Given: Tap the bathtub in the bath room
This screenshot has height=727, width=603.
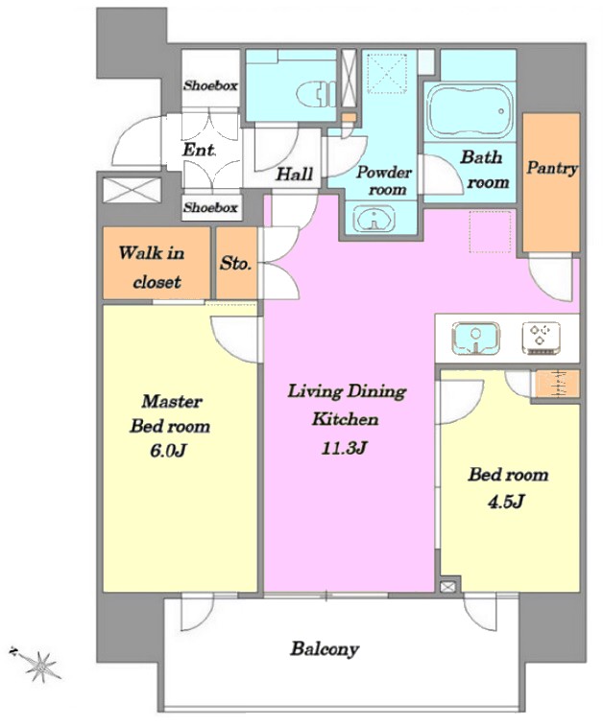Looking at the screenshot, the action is [470, 112].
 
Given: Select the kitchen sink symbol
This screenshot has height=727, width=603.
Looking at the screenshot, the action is [475, 338].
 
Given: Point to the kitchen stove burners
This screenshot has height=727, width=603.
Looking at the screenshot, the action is [541, 339].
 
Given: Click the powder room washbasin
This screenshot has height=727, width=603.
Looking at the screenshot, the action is [374, 218].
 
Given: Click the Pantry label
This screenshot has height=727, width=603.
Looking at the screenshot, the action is [552, 168].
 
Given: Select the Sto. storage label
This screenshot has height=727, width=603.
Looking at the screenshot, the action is [236, 264].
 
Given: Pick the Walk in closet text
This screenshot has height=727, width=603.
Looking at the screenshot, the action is [153, 267].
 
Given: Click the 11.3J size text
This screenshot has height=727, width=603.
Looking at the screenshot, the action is [344, 447].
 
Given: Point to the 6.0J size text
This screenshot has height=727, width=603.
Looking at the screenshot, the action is [168, 450].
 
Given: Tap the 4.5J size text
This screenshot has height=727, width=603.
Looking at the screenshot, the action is [506, 502].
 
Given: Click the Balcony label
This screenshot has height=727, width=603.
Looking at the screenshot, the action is [325, 648].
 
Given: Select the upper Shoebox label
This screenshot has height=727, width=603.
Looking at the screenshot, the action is [210, 85].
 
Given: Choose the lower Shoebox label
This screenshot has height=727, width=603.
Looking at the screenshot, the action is [210, 207].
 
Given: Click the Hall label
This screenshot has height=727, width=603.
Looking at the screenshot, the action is [295, 174].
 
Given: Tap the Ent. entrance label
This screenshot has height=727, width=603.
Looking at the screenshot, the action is [199, 150].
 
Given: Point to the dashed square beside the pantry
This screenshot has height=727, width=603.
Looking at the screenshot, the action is [491, 232].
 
